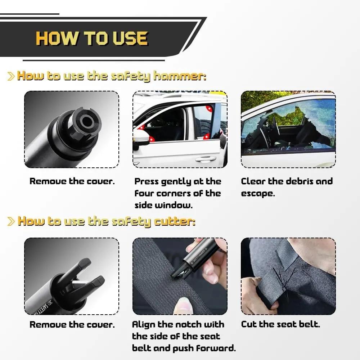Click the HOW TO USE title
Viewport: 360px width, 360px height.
pos(91,38)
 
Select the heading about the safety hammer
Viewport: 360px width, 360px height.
pos(112,76)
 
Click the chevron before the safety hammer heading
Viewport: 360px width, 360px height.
pos(11,76)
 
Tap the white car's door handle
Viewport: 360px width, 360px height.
pos(206,159)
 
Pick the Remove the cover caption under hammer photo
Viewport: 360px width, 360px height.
pos(72,181)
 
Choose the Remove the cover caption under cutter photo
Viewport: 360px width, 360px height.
pos(72,324)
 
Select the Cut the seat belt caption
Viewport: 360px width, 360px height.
pos(280,324)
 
